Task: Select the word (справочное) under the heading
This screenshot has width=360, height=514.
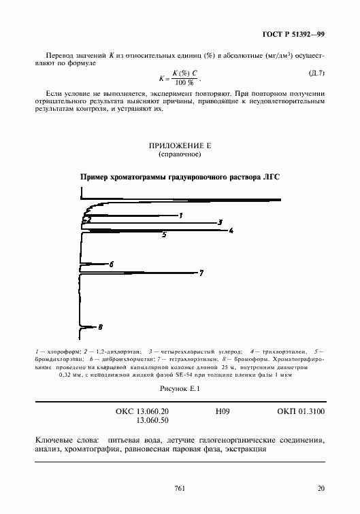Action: click(x=180, y=155)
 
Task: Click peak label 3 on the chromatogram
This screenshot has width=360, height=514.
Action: click(x=219, y=222)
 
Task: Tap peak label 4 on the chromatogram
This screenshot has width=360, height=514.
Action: click(x=231, y=230)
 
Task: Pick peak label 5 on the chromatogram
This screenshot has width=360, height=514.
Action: click(x=164, y=235)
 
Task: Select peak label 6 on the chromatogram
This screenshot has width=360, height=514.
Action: click(x=111, y=263)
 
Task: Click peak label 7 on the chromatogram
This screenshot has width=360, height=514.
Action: click(x=201, y=273)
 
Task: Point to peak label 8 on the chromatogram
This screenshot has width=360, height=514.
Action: click(x=100, y=327)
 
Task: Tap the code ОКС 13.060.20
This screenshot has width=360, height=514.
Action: click(x=143, y=412)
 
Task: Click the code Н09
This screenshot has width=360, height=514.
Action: click(x=223, y=412)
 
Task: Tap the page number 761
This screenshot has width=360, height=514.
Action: click(x=180, y=488)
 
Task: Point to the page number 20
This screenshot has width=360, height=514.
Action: click(x=321, y=488)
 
